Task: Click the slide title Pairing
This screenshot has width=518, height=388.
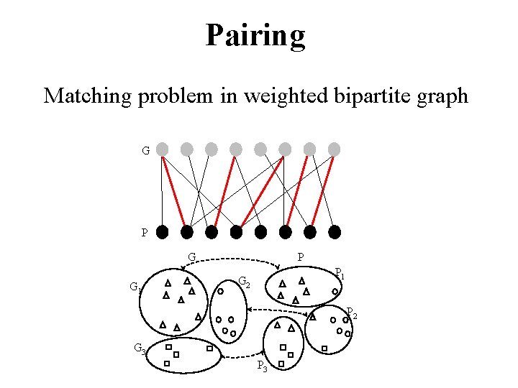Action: tap(255, 34)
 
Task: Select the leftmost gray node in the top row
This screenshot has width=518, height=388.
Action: tap(163, 149)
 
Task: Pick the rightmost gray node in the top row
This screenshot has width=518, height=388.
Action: tap(334, 149)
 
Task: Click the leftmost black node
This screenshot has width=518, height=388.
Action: tap(163, 232)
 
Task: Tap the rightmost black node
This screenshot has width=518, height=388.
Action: tap(334, 232)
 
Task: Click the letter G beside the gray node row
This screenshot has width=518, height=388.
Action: tap(145, 151)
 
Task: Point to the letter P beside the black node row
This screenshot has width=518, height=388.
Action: tap(145, 233)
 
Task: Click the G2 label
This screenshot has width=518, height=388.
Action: tap(245, 282)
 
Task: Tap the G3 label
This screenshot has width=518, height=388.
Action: tap(140, 349)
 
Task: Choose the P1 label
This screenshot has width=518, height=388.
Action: tap(340, 274)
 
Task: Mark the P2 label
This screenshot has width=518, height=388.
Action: tap(351, 313)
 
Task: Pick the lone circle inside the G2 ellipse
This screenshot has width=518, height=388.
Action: tap(221, 292)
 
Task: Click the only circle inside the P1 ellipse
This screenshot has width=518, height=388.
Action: tap(335, 291)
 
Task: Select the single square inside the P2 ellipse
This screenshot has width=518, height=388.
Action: tap(324, 348)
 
